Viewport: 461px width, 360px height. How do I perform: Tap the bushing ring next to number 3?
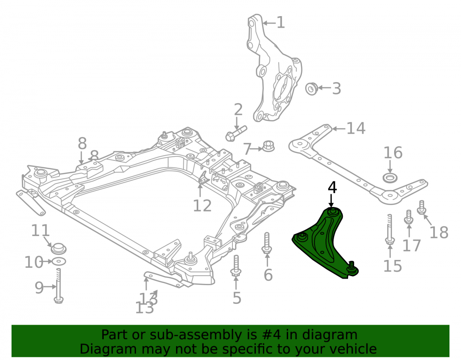311,89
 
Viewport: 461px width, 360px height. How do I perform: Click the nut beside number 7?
268,146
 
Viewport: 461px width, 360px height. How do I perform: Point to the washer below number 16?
390,178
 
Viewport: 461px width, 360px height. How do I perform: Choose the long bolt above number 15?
390,229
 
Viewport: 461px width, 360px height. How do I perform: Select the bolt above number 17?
408,217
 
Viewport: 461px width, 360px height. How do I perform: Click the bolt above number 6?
266,243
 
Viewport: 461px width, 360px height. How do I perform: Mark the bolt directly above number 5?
236,266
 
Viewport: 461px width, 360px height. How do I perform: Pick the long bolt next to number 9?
59,286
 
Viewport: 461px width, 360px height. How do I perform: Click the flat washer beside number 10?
59,261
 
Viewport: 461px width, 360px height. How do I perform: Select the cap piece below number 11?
59,248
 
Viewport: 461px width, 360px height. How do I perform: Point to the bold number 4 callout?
332,188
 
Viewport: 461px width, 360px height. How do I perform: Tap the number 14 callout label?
356,129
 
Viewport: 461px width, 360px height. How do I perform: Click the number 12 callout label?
202,206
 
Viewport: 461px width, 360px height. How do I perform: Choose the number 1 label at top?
281,23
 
